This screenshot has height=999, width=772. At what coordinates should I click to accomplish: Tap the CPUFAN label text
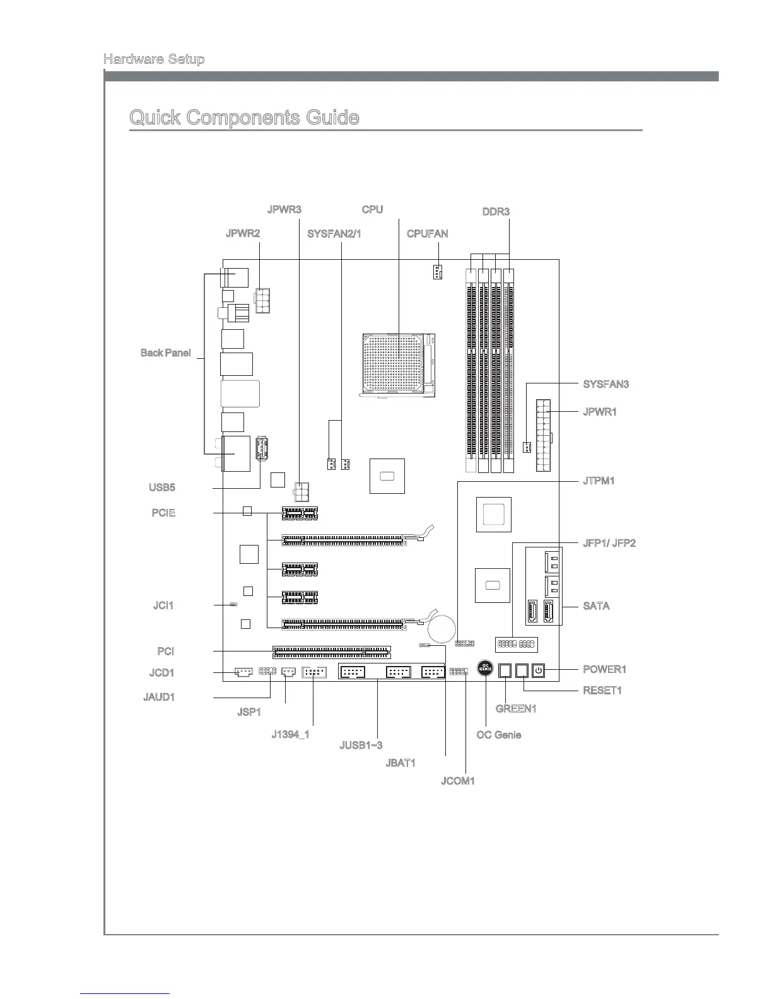[x=427, y=234]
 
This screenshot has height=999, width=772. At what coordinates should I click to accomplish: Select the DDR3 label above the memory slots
[x=496, y=211]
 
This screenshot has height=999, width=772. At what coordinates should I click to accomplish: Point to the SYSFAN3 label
[x=606, y=384]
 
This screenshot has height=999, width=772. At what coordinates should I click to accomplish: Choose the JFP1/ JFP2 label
[x=609, y=543]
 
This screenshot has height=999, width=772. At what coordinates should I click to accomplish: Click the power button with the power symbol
[x=538, y=670]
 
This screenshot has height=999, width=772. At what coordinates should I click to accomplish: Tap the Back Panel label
[x=165, y=353]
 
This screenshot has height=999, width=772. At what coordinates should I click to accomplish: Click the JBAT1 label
[x=401, y=763]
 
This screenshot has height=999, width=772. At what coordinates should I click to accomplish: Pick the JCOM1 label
[x=457, y=781]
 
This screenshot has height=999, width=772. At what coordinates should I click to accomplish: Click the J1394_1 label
[x=290, y=735]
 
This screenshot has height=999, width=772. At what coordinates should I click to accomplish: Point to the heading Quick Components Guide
[x=244, y=118]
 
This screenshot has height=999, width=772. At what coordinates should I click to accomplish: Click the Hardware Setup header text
[x=154, y=60]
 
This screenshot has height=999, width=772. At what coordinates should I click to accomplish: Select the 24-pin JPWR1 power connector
[x=543, y=435]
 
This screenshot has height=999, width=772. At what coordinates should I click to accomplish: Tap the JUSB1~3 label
[x=361, y=746]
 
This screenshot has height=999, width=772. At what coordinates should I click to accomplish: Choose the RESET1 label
[x=602, y=691]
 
